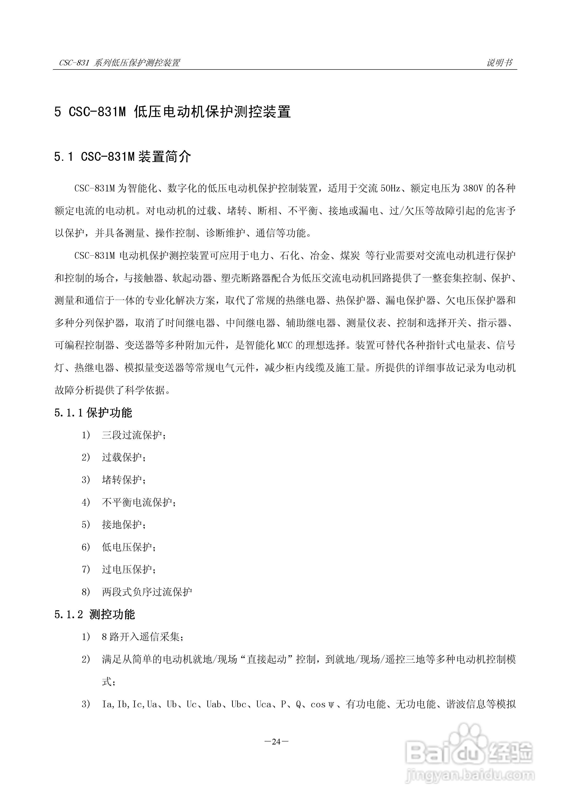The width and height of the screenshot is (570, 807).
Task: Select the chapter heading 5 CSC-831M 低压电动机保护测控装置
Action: tap(172, 112)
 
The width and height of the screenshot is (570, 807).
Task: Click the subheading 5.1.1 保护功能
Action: tap(93, 413)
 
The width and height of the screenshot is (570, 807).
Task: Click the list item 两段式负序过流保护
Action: tap(147, 592)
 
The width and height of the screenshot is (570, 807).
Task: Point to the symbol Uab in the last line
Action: tap(214, 704)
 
